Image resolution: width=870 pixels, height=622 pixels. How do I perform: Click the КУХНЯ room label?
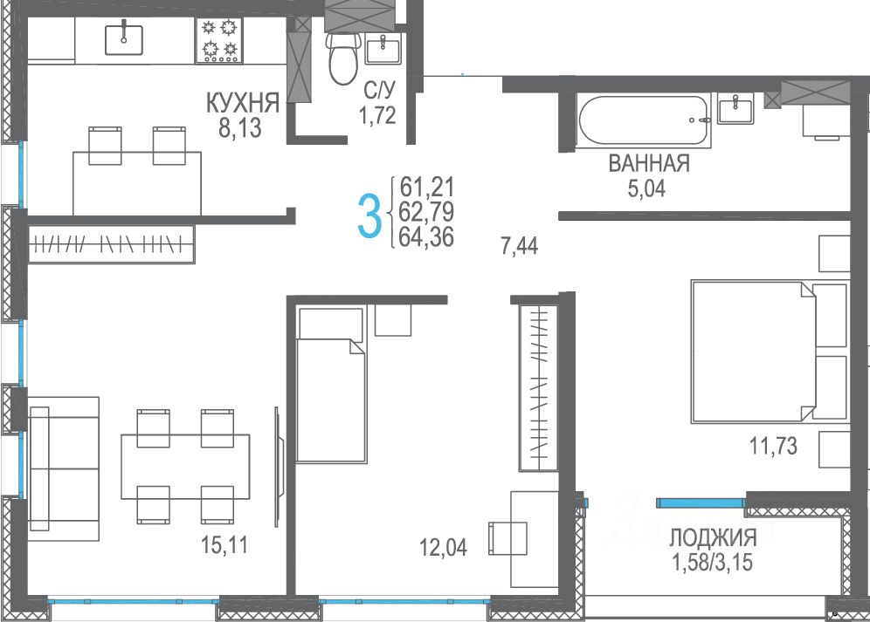click(243, 103)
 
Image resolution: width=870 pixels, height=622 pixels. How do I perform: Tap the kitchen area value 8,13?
click(239, 128)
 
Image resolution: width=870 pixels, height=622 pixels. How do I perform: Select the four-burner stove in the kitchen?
click(219, 40)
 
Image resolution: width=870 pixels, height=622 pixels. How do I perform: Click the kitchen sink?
click(124, 39)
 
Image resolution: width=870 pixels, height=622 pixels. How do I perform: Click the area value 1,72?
click(377, 115)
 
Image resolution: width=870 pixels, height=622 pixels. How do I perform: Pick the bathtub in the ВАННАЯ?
click(644, 120)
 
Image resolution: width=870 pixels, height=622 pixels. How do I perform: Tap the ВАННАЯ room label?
click(649, 163)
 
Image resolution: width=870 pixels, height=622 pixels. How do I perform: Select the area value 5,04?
click(646, 189)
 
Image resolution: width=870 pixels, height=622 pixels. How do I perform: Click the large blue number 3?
click(369, 215)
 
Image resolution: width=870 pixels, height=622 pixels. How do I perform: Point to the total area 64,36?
click(426, 236)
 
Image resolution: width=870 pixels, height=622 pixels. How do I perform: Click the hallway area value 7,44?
click(520, 246)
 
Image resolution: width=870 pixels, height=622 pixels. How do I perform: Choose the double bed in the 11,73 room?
click(770, 352)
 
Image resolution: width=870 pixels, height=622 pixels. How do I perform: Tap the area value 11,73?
click(773, 445)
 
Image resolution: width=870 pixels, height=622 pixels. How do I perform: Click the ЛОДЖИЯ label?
click(713, 537)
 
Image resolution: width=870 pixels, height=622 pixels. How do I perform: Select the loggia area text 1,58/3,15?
click(713, 562)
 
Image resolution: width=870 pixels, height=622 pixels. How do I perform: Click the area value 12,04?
click(444, 547)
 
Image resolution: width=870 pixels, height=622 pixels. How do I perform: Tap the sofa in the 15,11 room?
click(63, 468)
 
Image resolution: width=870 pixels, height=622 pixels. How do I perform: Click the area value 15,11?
click(224, 545)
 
